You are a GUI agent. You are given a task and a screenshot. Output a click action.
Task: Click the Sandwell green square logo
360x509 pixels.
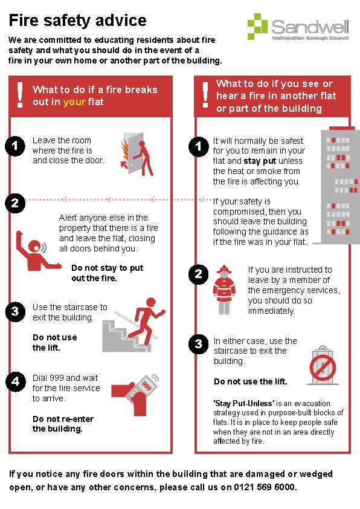257,26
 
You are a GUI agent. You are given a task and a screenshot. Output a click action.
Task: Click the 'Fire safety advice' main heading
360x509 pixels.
77,20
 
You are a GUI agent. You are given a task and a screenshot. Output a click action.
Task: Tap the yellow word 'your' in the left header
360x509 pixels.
74,102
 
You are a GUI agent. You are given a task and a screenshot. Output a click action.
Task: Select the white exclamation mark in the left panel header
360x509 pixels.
20,95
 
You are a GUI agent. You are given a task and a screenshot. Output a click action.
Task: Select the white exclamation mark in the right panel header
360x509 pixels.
205,95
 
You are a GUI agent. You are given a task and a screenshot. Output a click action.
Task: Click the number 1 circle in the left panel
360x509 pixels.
15,146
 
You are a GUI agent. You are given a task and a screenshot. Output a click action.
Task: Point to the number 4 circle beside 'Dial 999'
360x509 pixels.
15,381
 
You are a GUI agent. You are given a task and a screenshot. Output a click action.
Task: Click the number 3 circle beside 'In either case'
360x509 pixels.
199,344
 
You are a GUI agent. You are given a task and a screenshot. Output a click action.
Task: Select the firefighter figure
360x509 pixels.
224,290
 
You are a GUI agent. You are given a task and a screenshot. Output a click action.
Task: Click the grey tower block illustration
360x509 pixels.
339,186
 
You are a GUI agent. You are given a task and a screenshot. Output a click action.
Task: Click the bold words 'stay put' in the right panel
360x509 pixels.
260,161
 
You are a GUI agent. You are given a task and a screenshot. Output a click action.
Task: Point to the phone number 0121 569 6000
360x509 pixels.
264,487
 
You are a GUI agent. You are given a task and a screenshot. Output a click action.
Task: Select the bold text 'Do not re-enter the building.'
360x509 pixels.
63,424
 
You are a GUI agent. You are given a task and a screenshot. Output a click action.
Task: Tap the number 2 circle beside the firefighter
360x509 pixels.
199,274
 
